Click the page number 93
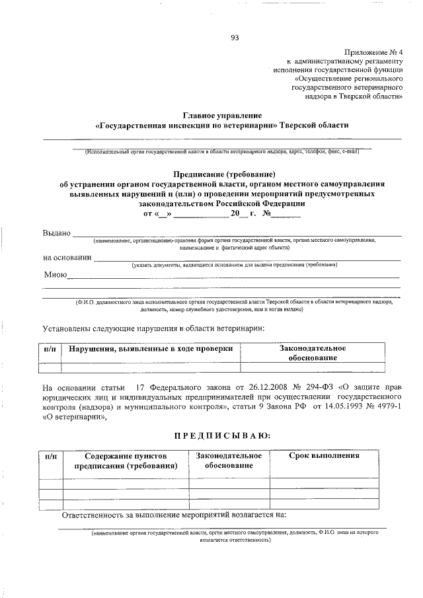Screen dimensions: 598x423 point(234,37)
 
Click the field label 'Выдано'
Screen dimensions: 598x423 point(57,234)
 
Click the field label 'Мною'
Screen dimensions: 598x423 point(55,274)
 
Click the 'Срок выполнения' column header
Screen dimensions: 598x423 point(324,455)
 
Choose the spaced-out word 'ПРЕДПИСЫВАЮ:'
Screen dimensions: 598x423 point(221,435)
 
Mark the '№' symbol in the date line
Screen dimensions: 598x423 point(268,214)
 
